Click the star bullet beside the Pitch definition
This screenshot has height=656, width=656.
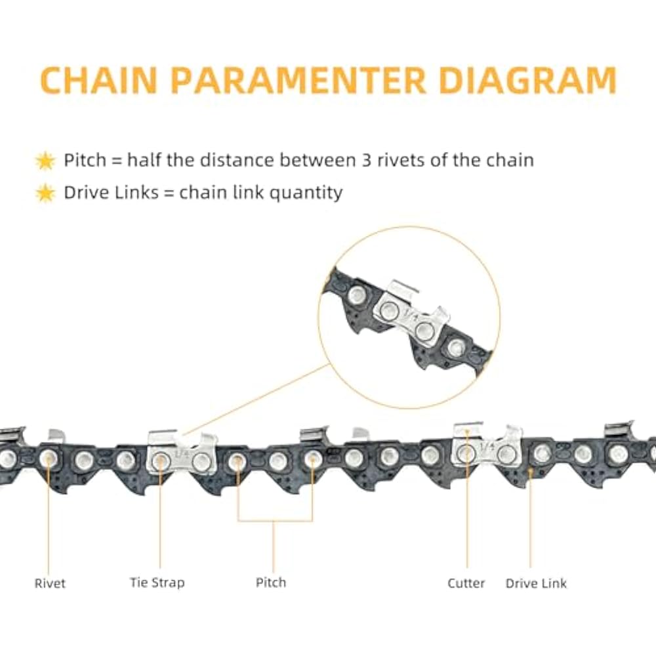click(45, 160)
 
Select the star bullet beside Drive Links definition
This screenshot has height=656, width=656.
click(45, 193)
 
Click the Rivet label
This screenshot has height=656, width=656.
click(50, 583)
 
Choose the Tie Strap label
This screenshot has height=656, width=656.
click(157, 583)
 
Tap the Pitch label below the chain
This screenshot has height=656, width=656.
click(271, 583)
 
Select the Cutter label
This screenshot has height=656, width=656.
click(466, 583)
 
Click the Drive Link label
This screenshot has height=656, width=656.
click(536, 583)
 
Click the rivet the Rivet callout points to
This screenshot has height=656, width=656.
click(47, 458)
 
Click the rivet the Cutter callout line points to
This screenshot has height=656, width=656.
click(466, 453)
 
